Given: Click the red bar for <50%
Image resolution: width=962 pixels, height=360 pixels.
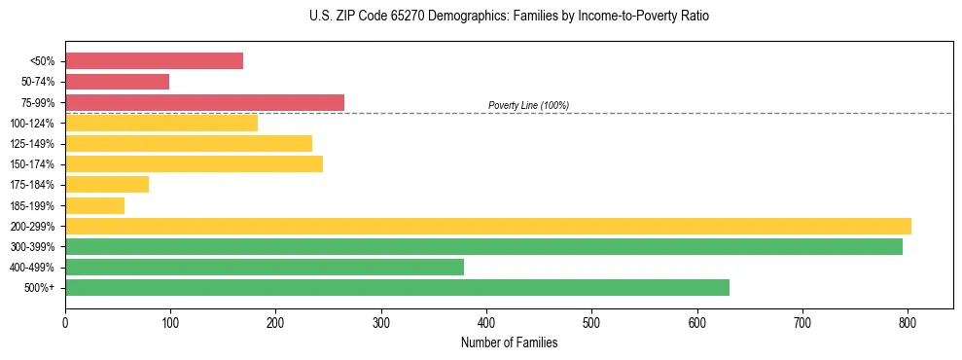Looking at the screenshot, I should click(154, 61).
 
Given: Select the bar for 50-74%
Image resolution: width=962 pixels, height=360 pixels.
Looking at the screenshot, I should click(117, 82).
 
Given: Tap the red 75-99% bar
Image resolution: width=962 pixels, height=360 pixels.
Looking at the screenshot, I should click(204, 102).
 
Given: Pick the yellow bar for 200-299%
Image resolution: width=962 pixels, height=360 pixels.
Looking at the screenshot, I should click(487, 227).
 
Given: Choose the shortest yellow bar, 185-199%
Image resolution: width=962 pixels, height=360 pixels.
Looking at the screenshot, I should click(94, 205).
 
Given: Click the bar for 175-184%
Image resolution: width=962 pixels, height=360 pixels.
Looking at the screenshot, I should click(107, 185).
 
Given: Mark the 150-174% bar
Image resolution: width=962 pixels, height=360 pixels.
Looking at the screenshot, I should click(194, 164).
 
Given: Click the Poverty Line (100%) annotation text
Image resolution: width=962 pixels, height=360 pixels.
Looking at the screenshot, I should click(528, 105).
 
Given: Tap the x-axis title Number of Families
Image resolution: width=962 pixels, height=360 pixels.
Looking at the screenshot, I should click(509, 342).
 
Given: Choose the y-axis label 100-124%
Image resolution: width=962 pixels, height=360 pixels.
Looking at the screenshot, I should click(32, 124).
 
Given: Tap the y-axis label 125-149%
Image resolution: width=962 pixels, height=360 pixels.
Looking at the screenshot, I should click(32, 144).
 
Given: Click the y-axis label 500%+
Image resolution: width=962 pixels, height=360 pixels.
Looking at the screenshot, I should click(39, 288).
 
